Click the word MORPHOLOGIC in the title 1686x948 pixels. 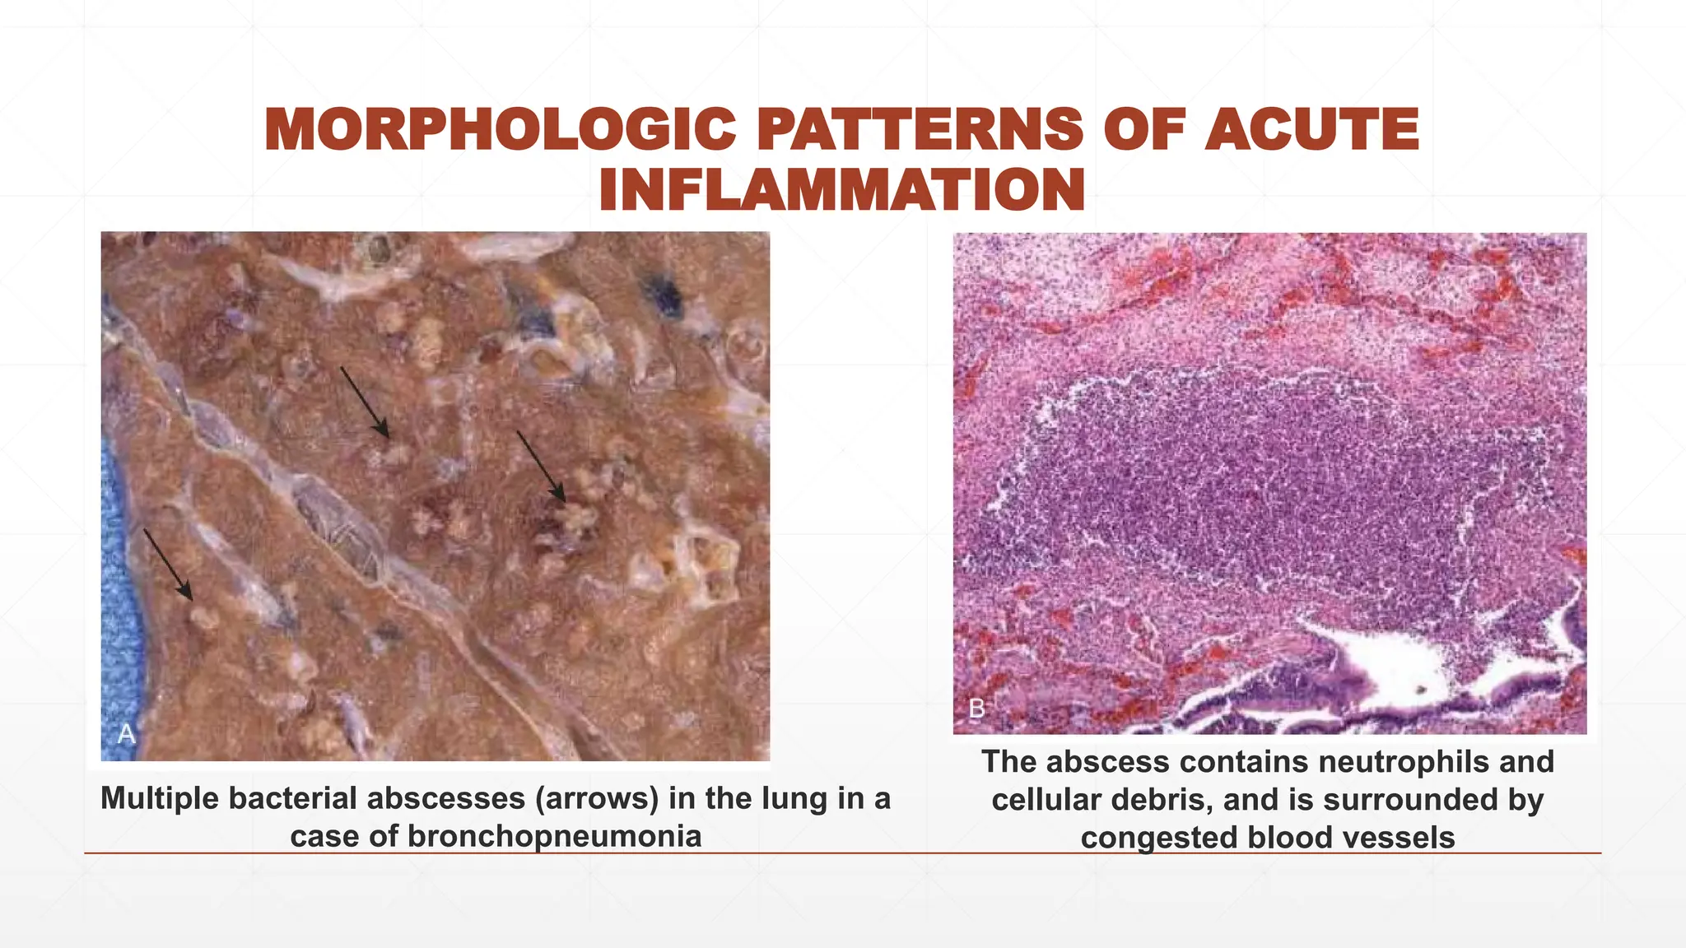pos(500,130)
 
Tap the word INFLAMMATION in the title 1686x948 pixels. pos(841,190)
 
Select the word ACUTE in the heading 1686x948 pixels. pos(1311,130)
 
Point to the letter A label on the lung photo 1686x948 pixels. pos(126,733)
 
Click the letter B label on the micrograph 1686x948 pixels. pos(977,709)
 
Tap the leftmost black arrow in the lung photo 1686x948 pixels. pos(168,565)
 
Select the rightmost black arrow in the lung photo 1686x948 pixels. pos(541,466)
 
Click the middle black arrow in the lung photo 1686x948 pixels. pos(365,402)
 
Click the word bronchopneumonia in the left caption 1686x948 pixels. pos(554,837)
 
